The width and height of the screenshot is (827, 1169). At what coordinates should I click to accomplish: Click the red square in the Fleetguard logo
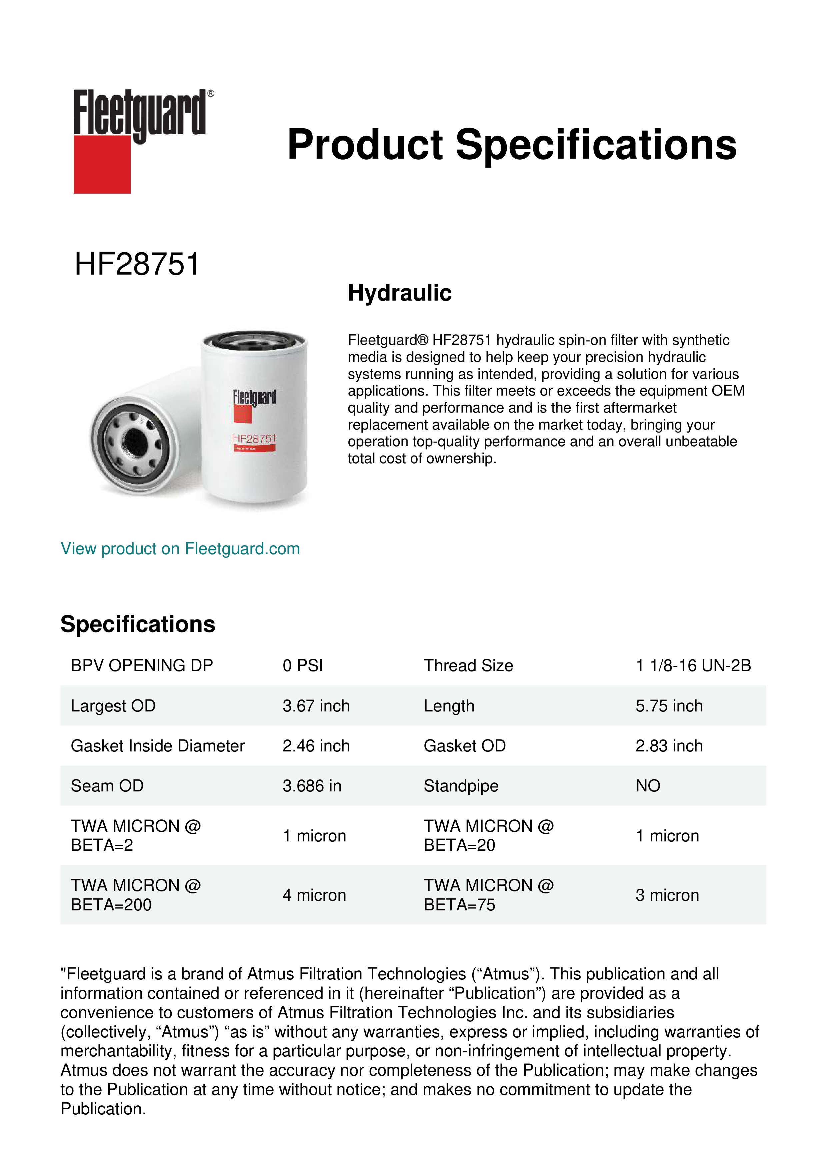pyautogui.click(x=102, y=164)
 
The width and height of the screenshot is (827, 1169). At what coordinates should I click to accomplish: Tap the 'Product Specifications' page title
pyautogui.click(x=512, y=145)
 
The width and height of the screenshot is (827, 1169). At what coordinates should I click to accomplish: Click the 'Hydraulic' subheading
pyautogui.click(x=399, y=293)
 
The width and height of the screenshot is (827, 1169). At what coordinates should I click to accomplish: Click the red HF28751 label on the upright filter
pyautogui.click(x=254, y=439)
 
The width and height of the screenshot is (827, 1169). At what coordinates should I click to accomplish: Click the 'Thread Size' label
pyautogui.click(x=468, y=665)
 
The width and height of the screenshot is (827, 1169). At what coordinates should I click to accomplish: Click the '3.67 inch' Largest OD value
pyautogui.click(x=316, y=706)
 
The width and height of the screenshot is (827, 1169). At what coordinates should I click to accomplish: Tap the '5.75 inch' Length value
pyautogui.click(x=669, y=706)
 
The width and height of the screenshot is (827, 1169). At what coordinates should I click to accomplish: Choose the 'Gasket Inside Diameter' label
pyautogui.click(x=157, y=746)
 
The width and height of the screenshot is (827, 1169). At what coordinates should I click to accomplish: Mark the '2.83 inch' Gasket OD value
pyautogui.click(x=669, y=746)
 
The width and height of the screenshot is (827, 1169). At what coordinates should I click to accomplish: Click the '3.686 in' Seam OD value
pyautogui.click(x=312, y=786)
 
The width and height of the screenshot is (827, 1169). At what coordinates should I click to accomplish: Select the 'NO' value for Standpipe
pyautogui.click(x=648, y=786)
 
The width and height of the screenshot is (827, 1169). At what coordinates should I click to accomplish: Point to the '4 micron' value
pyautogui.click(x=314, y=895)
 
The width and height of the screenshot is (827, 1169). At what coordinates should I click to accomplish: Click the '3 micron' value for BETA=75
pyautogui.click(x=667, y=895)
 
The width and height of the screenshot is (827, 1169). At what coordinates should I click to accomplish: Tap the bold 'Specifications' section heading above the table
pyautogui.click(x=137, y=624)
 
